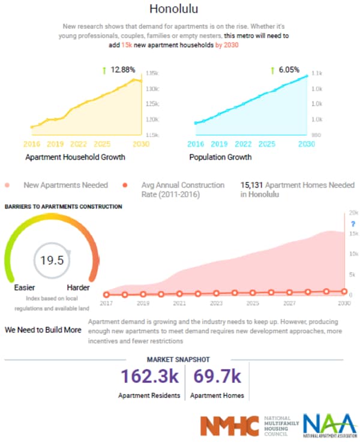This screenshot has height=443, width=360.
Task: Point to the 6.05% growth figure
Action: [x=286, y=70]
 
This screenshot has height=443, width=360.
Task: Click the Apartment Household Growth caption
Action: [x=75, y=157]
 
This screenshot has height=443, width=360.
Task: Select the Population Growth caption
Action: [x=220, y=157]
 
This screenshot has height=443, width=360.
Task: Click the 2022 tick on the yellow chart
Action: [x=78, y=145]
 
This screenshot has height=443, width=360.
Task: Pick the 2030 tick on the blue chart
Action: [x=306, y=145]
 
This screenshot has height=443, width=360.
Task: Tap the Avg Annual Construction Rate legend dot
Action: [x=126, y=185]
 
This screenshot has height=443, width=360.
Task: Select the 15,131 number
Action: [x=251, y=185]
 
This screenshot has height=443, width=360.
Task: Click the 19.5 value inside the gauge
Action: [x=52, y=261]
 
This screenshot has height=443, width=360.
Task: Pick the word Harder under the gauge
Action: [x=78, y=288]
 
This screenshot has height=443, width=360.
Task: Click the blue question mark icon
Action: [x=353, y=224]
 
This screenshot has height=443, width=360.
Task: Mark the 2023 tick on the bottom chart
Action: [x=216, y=304]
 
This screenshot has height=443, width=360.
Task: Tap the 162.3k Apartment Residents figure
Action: [x=149, y=377]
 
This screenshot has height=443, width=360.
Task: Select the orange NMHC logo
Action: [x=230, y=426]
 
